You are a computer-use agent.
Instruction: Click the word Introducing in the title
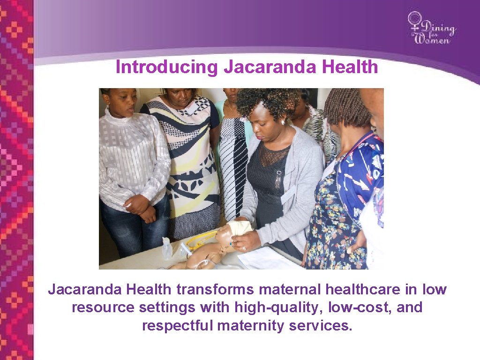pos(166,67)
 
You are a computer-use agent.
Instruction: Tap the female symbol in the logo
pos(415,22)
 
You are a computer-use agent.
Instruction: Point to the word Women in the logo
pos(433,39)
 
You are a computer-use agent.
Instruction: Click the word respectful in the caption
pos(178,325)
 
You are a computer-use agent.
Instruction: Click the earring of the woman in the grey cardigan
pos(282,122)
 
